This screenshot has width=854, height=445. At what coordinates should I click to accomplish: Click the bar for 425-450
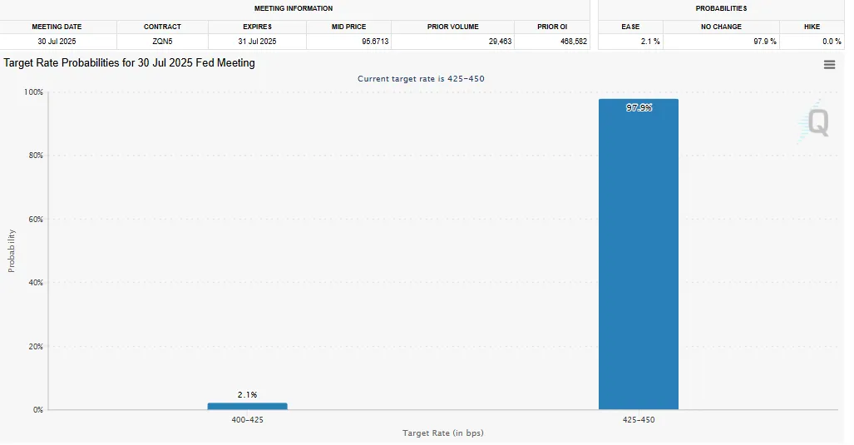coord(639,254)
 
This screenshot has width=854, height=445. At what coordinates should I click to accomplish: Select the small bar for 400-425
coord(247,406)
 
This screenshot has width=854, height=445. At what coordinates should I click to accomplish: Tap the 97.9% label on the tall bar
coord(639,107)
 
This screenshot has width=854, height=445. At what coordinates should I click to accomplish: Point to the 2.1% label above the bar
coord(247,394)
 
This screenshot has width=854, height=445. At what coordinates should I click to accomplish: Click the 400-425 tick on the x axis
coord(247,420)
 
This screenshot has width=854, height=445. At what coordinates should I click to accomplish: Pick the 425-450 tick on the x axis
coord(639,420)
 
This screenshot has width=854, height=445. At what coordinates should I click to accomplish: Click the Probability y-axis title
coord(12,250)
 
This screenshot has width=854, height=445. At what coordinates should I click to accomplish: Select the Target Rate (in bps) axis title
coord(443,433)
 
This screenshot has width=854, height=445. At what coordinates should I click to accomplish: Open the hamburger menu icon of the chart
coord(829,65)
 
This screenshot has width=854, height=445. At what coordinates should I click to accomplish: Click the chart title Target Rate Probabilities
coord(129,63)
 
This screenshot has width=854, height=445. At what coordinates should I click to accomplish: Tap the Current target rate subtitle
coord(421,79)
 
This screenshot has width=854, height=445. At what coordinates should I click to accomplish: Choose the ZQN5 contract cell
coord(162,41)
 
